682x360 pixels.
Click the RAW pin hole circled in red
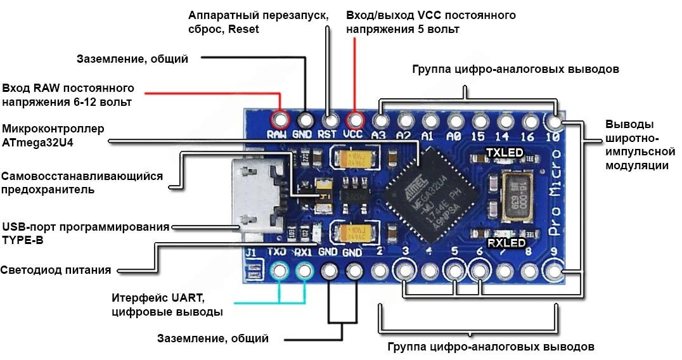279,119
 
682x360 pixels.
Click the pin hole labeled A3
380,119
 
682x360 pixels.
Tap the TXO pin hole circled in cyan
279,272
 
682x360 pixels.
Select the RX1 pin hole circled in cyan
305,272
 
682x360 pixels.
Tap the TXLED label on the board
505,153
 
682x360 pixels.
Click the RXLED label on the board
506,243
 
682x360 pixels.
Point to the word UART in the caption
190,298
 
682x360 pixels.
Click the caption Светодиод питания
56,270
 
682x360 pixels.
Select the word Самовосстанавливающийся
82,176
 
